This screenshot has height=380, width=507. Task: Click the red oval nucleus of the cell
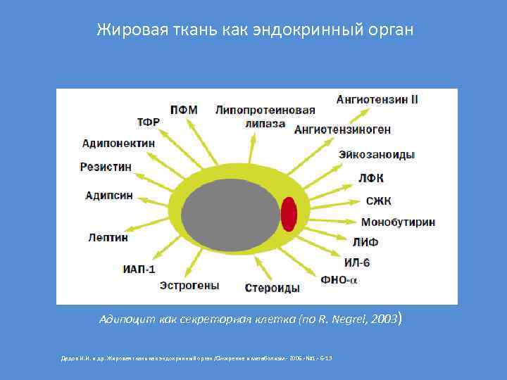(x=289, y=214)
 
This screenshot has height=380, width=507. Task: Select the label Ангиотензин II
(x=377, y=99)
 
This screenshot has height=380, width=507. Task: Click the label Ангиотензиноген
(x=342, y=129)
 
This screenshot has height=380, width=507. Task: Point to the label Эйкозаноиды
(x=376, y=154)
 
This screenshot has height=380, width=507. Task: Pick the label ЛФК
(x=371, y=178)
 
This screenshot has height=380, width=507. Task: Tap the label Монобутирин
(x=398, y=222)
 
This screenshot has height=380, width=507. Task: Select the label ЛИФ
(x=365, y=242)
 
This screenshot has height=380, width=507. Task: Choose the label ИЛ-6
(x=357, y=262)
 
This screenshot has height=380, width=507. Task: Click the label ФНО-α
(x=339, y=279)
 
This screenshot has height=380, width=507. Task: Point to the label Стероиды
(x=273, y=288)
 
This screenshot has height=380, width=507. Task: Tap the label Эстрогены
(x=189, y=286)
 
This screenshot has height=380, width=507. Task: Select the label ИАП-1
(x=139, y=269)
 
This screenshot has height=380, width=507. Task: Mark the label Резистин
(x=106, y=167)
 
